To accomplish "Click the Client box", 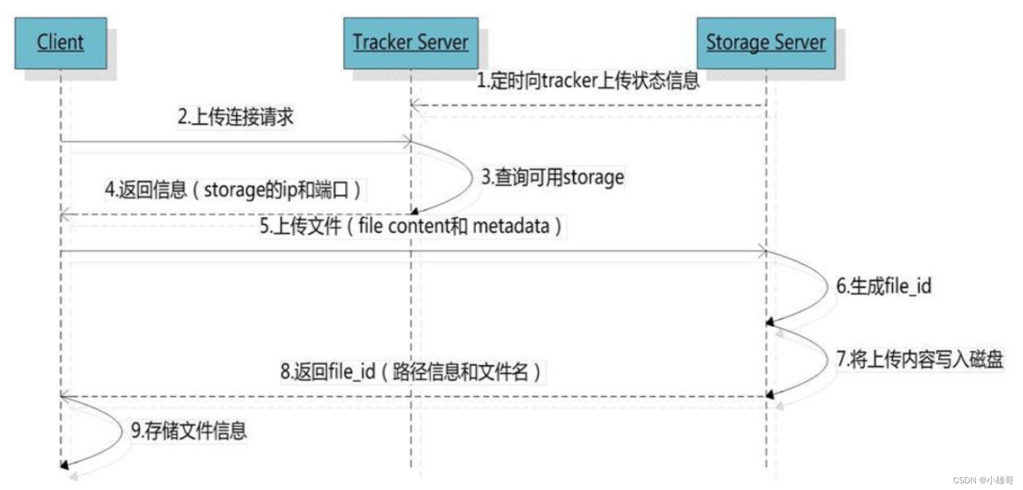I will pos(61,42).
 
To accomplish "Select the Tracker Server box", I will pos(410,42).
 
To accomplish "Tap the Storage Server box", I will pos(765,42).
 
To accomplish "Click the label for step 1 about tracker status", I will pos(587,81).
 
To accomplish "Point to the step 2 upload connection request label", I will pos(235,117).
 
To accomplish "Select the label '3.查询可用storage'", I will pos(552,178).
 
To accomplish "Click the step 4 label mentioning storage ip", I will pos(233,190).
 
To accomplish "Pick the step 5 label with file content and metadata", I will pos(410,226).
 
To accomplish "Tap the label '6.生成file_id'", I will pos(884,286).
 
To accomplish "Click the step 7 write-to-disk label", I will pos(919,359).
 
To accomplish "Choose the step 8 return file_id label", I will pos(410,371).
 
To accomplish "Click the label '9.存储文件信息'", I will pos(189,431).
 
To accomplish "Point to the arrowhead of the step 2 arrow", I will pos(408,143).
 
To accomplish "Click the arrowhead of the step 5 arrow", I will pos(763,251).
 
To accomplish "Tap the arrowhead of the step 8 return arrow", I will pos(64,397).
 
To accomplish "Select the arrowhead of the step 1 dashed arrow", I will pos(414,106).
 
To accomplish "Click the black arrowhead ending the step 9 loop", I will pos(64,465).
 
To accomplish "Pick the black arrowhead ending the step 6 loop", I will pos(770,322).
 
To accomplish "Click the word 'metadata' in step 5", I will pos(510,226).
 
